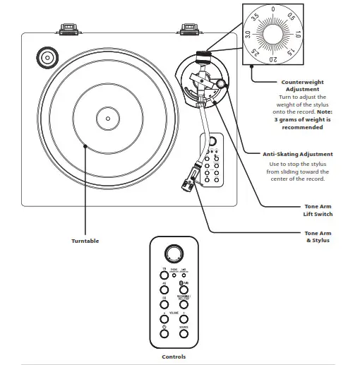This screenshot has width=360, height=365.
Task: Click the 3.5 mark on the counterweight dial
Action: click(256, 15)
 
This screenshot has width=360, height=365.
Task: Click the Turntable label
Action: click(85, 241)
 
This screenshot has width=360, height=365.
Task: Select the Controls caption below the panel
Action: click(174, 357)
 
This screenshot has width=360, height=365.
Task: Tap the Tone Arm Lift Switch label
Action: click(318, 210)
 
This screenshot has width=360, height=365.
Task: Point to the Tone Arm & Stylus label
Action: click(317, 237)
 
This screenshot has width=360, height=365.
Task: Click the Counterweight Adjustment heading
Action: click(302, 85)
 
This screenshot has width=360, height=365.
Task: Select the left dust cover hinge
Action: click(68, 29)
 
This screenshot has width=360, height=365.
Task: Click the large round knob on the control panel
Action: click(172, 255)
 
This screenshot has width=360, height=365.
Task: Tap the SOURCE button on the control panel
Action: click(183, 331)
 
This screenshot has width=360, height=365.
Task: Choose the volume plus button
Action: click(183, 316)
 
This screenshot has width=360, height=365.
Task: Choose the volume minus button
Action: click(164, 316)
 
